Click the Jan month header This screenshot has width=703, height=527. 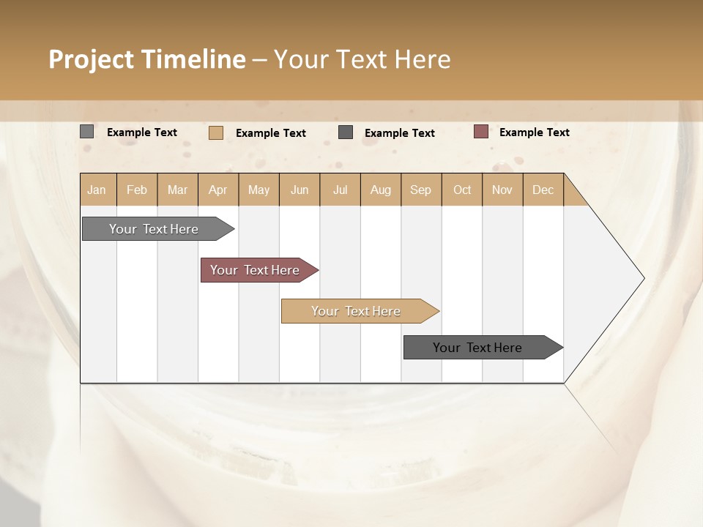click(97, 190)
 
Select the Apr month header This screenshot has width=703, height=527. click(218, 190)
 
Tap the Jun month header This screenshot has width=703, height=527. click(300, 190)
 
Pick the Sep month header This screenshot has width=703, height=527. click(421, 190)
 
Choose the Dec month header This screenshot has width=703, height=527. click(543, 190)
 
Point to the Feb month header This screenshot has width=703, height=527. click(137, 190)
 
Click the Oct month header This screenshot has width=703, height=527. click(462, 190)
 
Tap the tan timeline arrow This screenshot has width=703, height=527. click(357, 311)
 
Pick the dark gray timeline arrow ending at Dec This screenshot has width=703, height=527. click(480, 348)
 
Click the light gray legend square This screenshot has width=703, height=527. click(87, 132)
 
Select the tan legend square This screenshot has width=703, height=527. click(215, 132)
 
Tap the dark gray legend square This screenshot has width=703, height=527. click(346, 132)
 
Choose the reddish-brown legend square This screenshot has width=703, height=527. click(480, 132)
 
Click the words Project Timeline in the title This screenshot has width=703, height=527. click(146, 59)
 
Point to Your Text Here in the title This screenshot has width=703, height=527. click(362, 59)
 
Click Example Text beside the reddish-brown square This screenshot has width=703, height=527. click(534, 132)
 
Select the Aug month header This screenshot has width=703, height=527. click(381, 190)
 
